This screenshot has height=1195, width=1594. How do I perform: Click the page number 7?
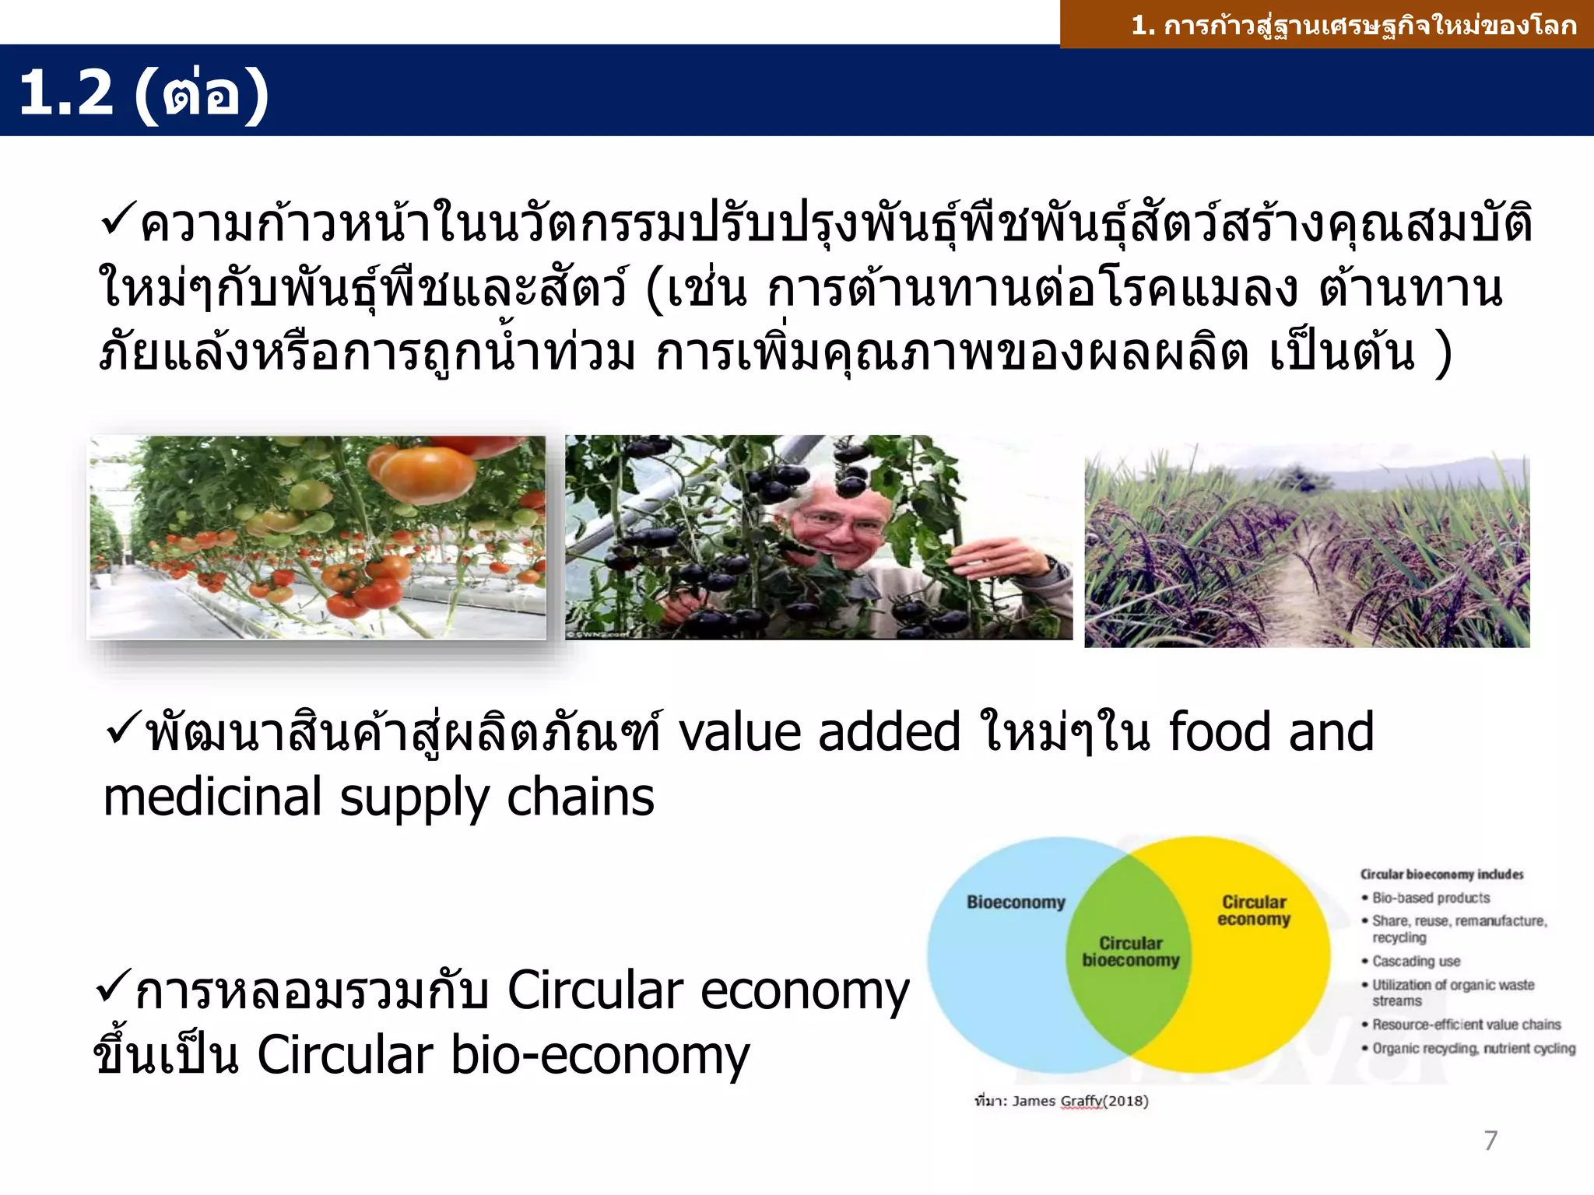pyautogui.click(x=1490, y=1141)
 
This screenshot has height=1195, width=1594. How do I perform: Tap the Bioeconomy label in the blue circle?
pyautogui.click(x=1016, y=902)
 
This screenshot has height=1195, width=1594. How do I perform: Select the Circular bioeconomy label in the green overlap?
pyautogui.click(x=1130, y=951)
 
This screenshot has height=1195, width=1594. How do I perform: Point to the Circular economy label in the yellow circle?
pyautogui.click(x=1254, y=911)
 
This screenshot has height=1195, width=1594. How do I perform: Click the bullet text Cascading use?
pyautogui.click(x=1416, y=962)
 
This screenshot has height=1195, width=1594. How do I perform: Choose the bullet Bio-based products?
pyautogui.click(x=1431, y=898)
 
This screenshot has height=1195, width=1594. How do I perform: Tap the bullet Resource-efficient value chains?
pyautogui.click(x=1466, y=1025)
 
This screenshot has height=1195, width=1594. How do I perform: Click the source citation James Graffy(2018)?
pyautogui.click(x=1080, y=1101)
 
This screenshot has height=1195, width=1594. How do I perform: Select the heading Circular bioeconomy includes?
pyautogui.click(x=1441, y=874)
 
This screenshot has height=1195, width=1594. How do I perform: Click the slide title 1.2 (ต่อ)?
pyautogui.click(x=144, y=93)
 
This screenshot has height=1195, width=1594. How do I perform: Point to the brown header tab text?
pyautogui.click(x=1353, y=26)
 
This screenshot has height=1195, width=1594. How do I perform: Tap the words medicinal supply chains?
pyautogui.click(x=379, y=798)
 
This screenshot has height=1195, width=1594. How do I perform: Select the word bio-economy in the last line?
pyautogui.click(x=600, y=1056)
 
